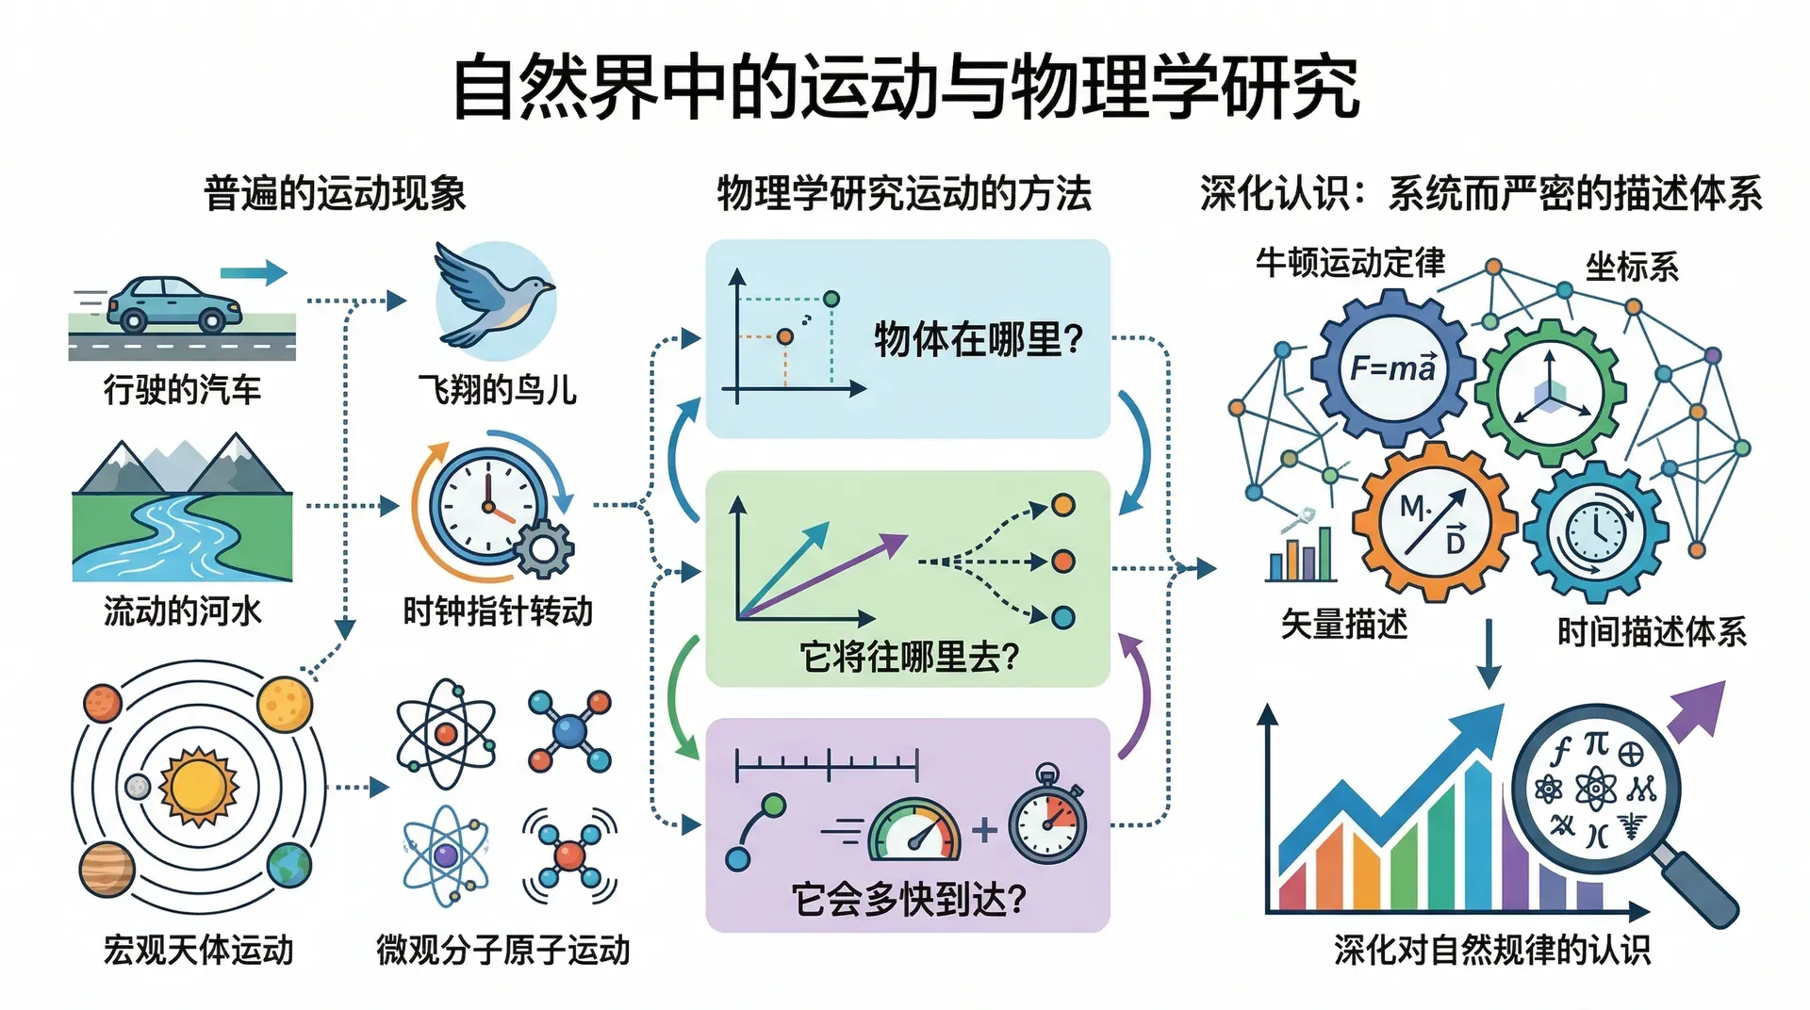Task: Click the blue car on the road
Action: click(x=173, y=303)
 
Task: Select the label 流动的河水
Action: click(x=182, y=611)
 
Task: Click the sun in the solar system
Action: click(x=198, y=787)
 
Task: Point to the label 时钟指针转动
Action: click(x=498, y=611)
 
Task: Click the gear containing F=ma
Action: click(x=1392, y=367)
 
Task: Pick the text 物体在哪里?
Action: click(x=979, y=339)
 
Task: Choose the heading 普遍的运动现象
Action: click(x=335, y=194)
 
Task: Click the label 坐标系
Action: click(x=1632, y=268)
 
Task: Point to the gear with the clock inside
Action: click(x=1596, y=531)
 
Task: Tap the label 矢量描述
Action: click(x=1344, y=624)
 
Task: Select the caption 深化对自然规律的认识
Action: click(x=1492, y=950)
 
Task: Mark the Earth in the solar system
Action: click(x=289, y=865)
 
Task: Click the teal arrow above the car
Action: click(x=253, y=272)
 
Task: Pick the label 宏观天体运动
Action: click(x=198, y=950)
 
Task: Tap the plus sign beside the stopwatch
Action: click(x=984, y=829)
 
